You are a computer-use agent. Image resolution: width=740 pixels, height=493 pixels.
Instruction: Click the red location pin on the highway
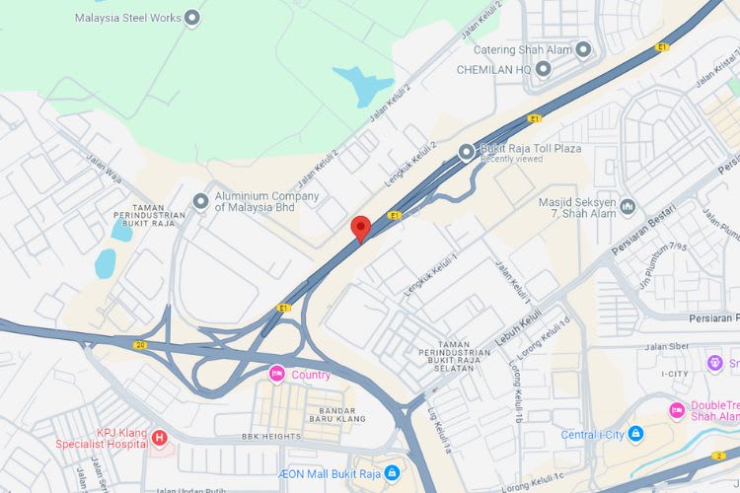pos(361,228)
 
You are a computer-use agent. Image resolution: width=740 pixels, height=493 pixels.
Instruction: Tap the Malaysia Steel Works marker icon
pos(192,18)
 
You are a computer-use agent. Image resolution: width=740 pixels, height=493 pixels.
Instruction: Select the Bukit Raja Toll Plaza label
pos(530,149)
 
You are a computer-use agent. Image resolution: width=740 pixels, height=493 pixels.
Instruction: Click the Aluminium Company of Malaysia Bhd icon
pos(201,202)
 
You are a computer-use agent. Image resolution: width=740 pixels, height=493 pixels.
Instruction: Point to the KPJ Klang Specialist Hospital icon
pos(160,438)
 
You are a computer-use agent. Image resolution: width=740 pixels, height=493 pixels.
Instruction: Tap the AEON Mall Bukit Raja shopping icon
pos(393,473)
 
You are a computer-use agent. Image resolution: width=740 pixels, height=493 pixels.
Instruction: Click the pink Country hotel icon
pos(277,375)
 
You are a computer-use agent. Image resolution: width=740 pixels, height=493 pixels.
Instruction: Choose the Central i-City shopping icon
pos(635,434)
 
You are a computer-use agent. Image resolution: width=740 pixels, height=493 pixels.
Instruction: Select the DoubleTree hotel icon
pos(677,410)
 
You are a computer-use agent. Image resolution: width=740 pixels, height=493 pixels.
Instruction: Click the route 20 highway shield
pos(140,344)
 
